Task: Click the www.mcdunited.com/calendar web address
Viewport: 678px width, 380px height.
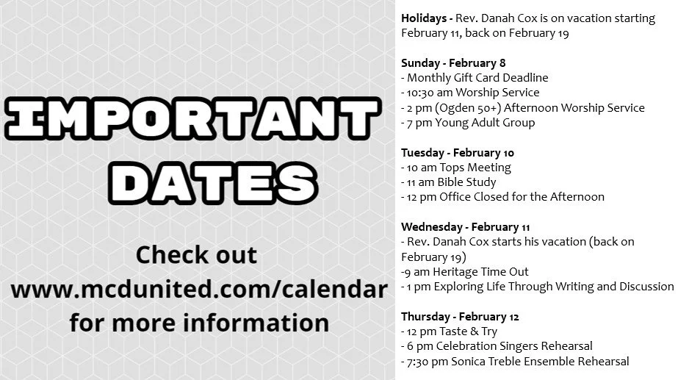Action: [198, 289]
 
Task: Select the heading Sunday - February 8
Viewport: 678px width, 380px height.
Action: [453, 63]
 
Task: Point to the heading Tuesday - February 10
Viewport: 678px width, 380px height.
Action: [457, 153]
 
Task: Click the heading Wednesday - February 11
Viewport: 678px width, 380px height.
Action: [466, 227]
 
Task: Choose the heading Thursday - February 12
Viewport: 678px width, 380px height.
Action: [460, 317]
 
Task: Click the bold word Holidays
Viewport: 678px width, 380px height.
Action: [425, 18]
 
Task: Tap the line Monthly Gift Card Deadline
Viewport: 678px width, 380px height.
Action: [475, 78]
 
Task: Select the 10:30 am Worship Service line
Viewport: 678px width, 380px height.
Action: [470, 93]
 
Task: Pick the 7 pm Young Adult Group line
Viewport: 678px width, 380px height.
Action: [468, 123]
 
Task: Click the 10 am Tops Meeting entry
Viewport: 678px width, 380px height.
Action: [456, 168]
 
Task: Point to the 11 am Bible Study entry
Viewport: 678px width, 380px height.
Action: [449, 182]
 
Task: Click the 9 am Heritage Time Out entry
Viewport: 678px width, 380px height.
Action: [456, 272]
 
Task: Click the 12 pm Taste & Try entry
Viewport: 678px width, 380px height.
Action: [449, 331]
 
